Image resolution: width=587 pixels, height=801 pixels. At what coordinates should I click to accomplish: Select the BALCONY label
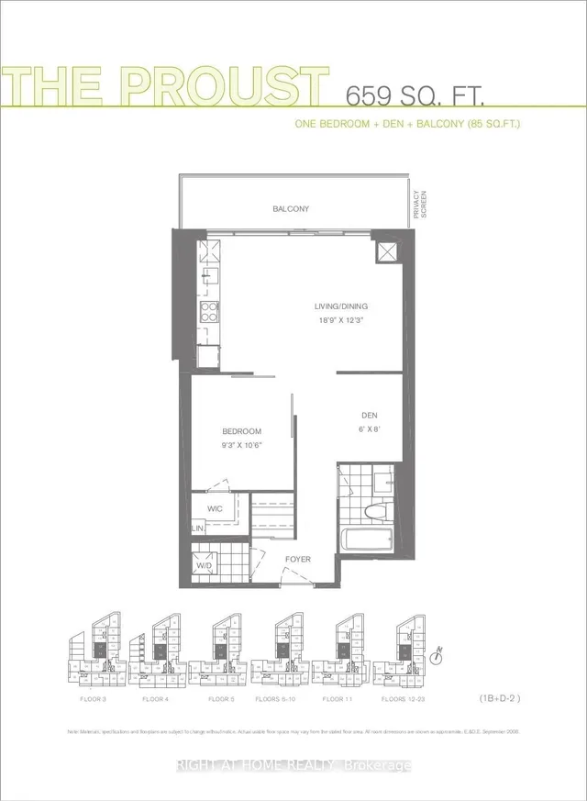point(291,209)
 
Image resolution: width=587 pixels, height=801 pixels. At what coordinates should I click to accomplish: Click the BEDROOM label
point(242,431)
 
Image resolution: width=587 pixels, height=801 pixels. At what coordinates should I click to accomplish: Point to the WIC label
point(216,507)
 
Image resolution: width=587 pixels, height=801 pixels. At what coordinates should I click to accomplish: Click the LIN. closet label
point(197,529)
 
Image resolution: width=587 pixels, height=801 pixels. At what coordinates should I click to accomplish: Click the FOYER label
point(297,559)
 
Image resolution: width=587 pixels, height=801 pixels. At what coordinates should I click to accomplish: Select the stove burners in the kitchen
point(208,310)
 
